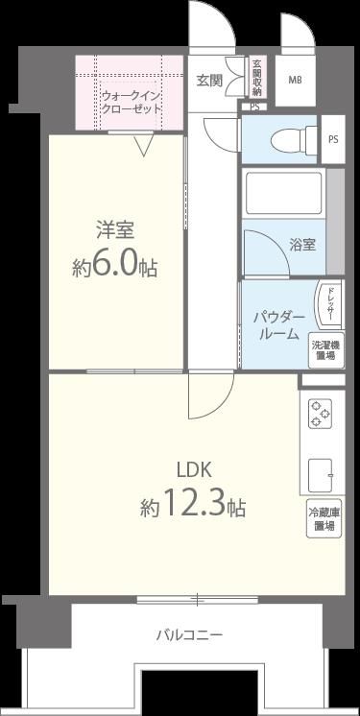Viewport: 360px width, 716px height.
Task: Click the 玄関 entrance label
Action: point(209,81)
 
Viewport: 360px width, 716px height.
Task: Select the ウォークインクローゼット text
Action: point(131,102)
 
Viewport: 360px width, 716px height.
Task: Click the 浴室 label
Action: point(301,244)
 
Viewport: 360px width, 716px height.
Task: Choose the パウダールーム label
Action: point(277,324)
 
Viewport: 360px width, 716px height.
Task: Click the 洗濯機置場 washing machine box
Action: point(327,350)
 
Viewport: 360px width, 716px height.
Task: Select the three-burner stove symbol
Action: point(321,414)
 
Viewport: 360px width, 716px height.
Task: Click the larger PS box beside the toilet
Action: point(333,139)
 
